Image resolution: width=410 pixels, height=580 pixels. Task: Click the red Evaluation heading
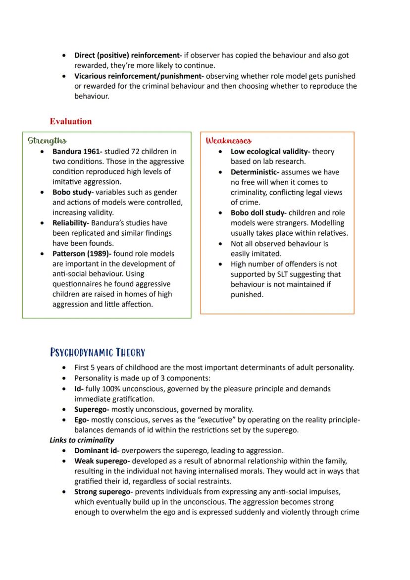click(x=70, y=121)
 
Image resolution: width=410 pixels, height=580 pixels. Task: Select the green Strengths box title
click(x=48, y=141)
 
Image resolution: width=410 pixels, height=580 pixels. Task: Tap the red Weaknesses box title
click(x=228, y=141)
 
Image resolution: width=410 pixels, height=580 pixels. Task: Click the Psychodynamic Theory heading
click(x=98, y=353)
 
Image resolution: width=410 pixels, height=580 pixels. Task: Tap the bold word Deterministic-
click(x=256, y=172)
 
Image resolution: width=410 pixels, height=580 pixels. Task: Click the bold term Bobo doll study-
click(x=258, y=212)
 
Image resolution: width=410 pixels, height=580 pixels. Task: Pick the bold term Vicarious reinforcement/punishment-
click(x=139, y=76)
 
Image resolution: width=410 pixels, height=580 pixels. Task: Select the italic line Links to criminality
click(x=82, y=440)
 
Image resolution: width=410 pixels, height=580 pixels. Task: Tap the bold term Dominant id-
click(x=97, y=451)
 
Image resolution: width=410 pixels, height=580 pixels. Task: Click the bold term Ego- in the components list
click(x=81, y=420)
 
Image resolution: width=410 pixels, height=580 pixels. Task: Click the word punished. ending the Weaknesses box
click(x=247, y=295)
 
